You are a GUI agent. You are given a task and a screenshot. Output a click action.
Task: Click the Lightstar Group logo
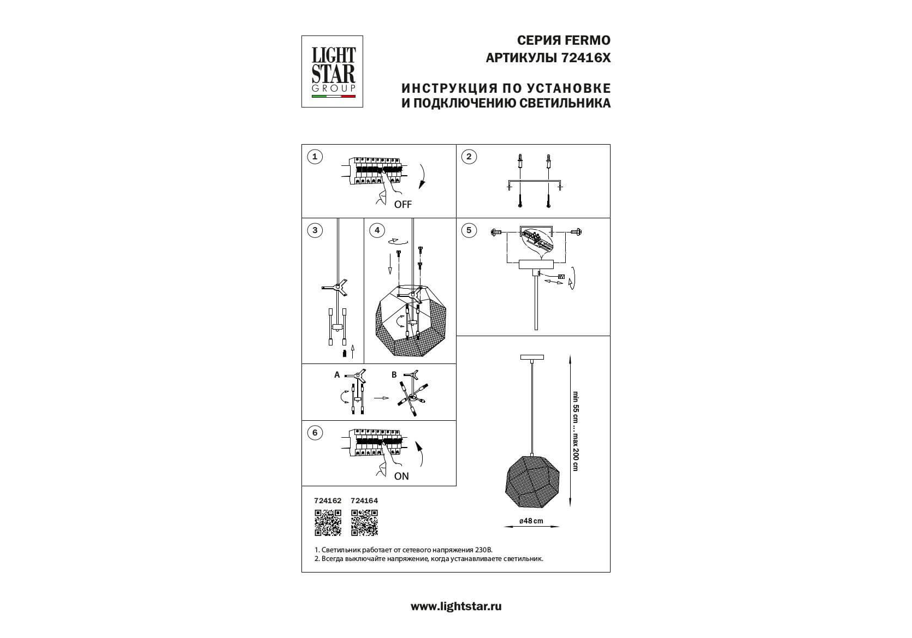point(332,71)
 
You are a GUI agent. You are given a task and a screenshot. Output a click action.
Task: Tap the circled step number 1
point(315,157)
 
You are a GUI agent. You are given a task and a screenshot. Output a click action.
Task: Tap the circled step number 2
point(469,157)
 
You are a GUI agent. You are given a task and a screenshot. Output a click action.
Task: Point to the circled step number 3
point(315,230)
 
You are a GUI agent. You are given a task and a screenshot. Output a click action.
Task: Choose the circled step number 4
point(377,230)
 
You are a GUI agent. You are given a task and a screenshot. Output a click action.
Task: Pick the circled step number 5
point(469,230)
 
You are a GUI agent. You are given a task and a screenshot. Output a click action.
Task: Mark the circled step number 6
point(315,433)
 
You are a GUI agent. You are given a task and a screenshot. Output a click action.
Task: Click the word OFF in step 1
point(402,205)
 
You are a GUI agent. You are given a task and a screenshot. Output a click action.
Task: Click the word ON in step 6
point(401,476)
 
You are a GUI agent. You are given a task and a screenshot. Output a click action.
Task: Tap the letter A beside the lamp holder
point(337,375)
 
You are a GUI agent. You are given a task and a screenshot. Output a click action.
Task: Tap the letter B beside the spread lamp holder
point(394,375)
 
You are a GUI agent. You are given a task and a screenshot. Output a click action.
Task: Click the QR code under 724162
point(328,522)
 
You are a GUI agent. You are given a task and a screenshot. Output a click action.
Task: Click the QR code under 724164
point(364,522)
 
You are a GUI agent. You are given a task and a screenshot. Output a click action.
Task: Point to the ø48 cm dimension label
point(531,521)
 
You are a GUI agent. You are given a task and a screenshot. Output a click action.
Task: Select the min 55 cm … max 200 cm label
point(575,431)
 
